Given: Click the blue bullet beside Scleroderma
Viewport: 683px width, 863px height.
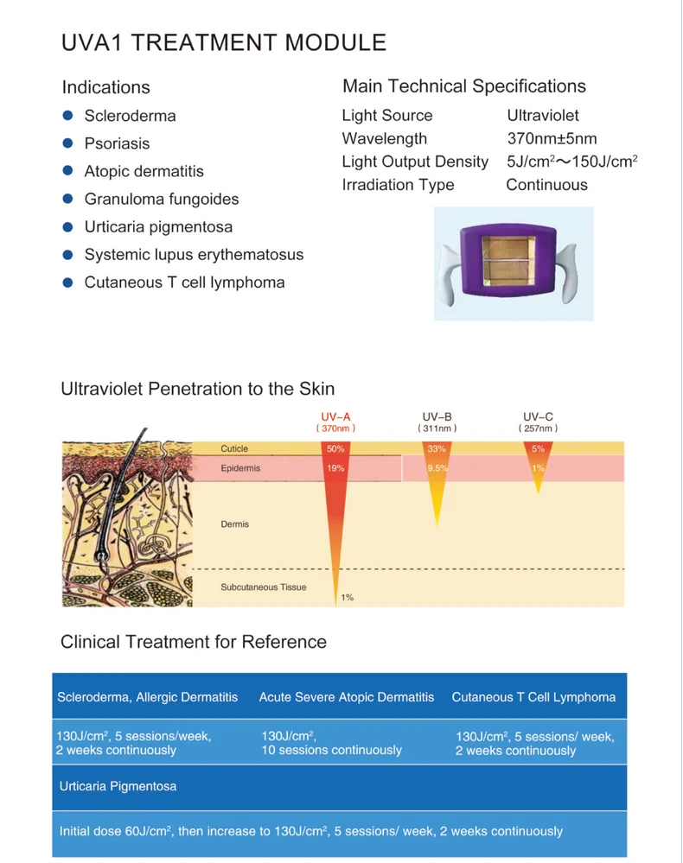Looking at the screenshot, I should [x=67, y=116].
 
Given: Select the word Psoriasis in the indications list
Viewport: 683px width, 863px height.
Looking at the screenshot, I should [x=117, y=143].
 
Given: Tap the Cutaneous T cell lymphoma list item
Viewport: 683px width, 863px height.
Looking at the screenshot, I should [x=184, y=282].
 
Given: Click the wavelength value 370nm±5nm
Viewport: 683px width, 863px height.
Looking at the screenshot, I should [x=552, y=138].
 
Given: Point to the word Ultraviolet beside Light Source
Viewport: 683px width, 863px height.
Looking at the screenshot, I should [x=543, y=115].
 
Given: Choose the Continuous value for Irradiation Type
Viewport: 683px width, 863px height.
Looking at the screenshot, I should [x=546, y=185].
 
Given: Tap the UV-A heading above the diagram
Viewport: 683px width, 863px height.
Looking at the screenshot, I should [x=335, y=416].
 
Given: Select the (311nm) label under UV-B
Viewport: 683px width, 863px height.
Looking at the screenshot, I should [x=437, y=428].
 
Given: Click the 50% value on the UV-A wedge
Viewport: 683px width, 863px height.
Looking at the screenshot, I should [x=335, y=449].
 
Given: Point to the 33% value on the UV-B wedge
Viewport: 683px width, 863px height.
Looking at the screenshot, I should [x=437, y=449].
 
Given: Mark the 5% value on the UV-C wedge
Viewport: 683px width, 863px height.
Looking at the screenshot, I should [x=538, y=449].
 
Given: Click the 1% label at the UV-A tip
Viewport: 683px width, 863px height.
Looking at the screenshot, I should [x=347, y=598].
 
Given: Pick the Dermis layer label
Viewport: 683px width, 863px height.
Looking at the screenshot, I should [x=234, y=524].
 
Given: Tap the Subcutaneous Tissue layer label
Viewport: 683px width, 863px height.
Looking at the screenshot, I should [x=263, y=587].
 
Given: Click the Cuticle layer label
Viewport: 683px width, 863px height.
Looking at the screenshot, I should [x=234, y=449].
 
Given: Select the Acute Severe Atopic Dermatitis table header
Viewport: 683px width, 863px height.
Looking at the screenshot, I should [x=347, y=697].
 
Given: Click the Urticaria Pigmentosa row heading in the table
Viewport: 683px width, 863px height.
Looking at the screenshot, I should [x=118, y=787].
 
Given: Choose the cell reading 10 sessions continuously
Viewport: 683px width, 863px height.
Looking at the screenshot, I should [x=332, y=751].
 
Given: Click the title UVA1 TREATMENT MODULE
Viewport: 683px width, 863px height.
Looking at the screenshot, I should [x=224, y=42].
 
